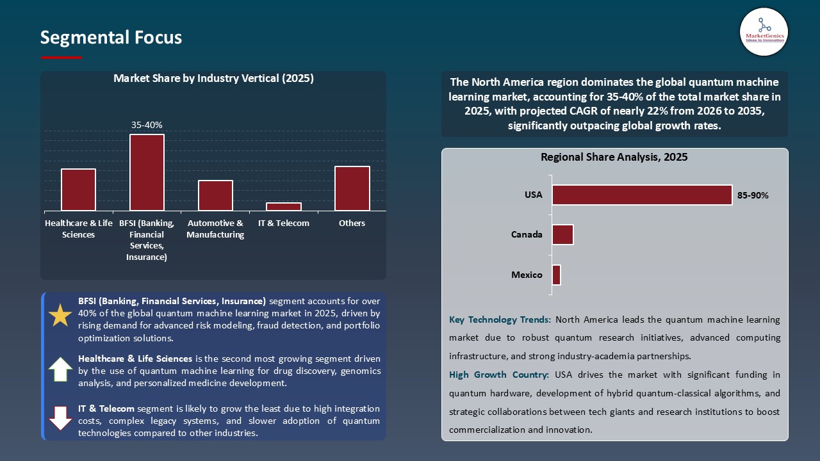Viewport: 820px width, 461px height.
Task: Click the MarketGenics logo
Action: [x=764, y=31]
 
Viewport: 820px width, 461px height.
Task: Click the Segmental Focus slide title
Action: [x=111, y=38]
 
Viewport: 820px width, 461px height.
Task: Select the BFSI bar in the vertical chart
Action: [x=147, y=172]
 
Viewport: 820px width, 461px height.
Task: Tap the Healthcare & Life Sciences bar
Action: [x=78, y=190]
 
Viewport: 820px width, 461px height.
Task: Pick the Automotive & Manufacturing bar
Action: [x=215, y=195]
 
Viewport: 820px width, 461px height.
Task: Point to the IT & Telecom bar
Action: [x=284, y=206]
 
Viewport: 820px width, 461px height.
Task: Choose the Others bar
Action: [x=352, y=188]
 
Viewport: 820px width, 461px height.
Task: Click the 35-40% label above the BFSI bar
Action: [x=147, y=125]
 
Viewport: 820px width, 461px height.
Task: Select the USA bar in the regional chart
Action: [x=642, y=195]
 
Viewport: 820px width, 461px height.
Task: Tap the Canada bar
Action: [x=562, y=234]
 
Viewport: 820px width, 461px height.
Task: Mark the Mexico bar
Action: [x=556, y=275]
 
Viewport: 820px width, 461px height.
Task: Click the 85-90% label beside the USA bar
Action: [x=753, y=196]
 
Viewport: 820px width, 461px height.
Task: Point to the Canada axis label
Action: [x=527, y=234]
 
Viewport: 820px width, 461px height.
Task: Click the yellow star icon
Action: [x=61, y=316]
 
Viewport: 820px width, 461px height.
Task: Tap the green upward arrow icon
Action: [x=61, y=369]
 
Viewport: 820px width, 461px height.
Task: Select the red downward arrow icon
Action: [x=61, y=418]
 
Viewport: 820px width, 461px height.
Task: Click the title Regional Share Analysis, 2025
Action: [x=614, y=158]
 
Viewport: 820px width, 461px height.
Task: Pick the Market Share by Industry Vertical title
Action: [x=213, y=79]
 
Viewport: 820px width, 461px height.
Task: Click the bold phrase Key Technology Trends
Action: [x=500, y=319]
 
